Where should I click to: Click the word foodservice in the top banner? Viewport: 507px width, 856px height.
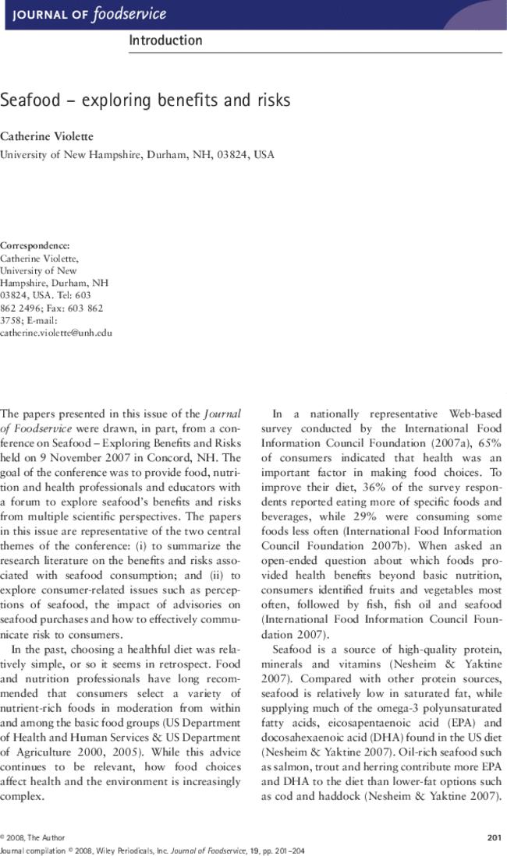[x=129, y=14]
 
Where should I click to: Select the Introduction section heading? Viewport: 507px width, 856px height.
[x=165, y=41]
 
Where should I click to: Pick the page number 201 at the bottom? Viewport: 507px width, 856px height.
[x=493, y=838]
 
